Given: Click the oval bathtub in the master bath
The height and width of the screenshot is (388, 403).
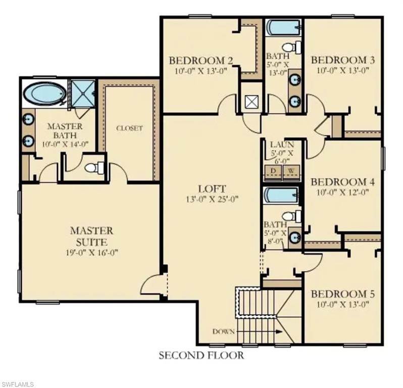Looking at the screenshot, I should [44, 94].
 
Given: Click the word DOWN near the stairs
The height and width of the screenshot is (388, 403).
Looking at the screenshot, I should [223, 332].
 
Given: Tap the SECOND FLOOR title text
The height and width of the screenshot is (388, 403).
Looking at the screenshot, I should [201, 356].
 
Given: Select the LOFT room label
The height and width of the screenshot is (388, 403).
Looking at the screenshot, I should [212, 188].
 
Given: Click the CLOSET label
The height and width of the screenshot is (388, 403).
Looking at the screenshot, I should [129, 128].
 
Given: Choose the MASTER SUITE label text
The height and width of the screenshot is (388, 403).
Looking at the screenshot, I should [91, 236].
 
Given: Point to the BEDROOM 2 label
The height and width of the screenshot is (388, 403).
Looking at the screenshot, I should [200, 61].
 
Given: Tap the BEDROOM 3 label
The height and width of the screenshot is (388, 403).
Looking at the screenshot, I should [343, 61].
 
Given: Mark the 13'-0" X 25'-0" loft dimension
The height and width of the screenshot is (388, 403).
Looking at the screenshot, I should [212, 199].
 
